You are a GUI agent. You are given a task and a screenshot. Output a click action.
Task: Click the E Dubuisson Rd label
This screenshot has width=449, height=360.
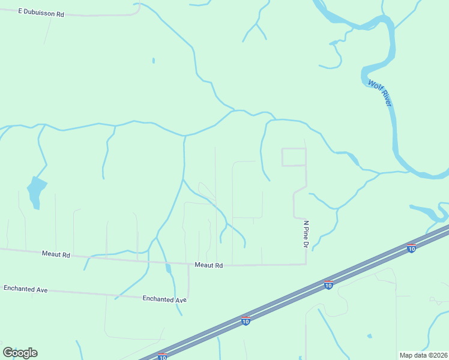41,12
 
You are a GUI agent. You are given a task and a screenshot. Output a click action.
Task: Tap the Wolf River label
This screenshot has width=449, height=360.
380,93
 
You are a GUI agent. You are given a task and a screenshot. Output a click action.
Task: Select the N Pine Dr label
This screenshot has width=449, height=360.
306,234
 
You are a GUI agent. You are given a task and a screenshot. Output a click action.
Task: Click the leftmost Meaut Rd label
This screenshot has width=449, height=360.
56,254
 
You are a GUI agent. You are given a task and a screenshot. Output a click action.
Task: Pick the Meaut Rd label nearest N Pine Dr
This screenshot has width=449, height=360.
208,265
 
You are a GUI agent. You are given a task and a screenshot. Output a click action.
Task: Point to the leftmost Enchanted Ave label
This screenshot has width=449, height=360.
25,289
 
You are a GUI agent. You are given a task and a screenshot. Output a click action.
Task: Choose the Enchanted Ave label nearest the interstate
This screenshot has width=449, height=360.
164,299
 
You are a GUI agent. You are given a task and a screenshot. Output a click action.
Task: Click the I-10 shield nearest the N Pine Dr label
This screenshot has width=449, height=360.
328,284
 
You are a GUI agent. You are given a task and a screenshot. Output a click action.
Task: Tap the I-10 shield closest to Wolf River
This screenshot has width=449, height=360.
411,248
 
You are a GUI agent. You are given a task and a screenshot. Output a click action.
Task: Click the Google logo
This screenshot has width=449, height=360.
20,353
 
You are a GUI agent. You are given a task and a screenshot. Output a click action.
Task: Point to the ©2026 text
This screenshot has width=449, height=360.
439,355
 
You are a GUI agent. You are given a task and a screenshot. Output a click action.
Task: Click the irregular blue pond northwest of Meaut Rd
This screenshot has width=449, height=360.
37,190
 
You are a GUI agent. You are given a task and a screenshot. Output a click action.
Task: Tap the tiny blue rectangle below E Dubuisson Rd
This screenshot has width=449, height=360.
154,61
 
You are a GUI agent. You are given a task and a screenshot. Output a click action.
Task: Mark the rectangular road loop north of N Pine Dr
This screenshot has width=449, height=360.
294,157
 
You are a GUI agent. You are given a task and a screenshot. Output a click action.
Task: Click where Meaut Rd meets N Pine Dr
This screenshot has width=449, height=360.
306,263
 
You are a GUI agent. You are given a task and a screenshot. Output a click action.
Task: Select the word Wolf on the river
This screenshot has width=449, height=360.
375,86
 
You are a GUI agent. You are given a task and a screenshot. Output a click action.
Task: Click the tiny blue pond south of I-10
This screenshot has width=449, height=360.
370,336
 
